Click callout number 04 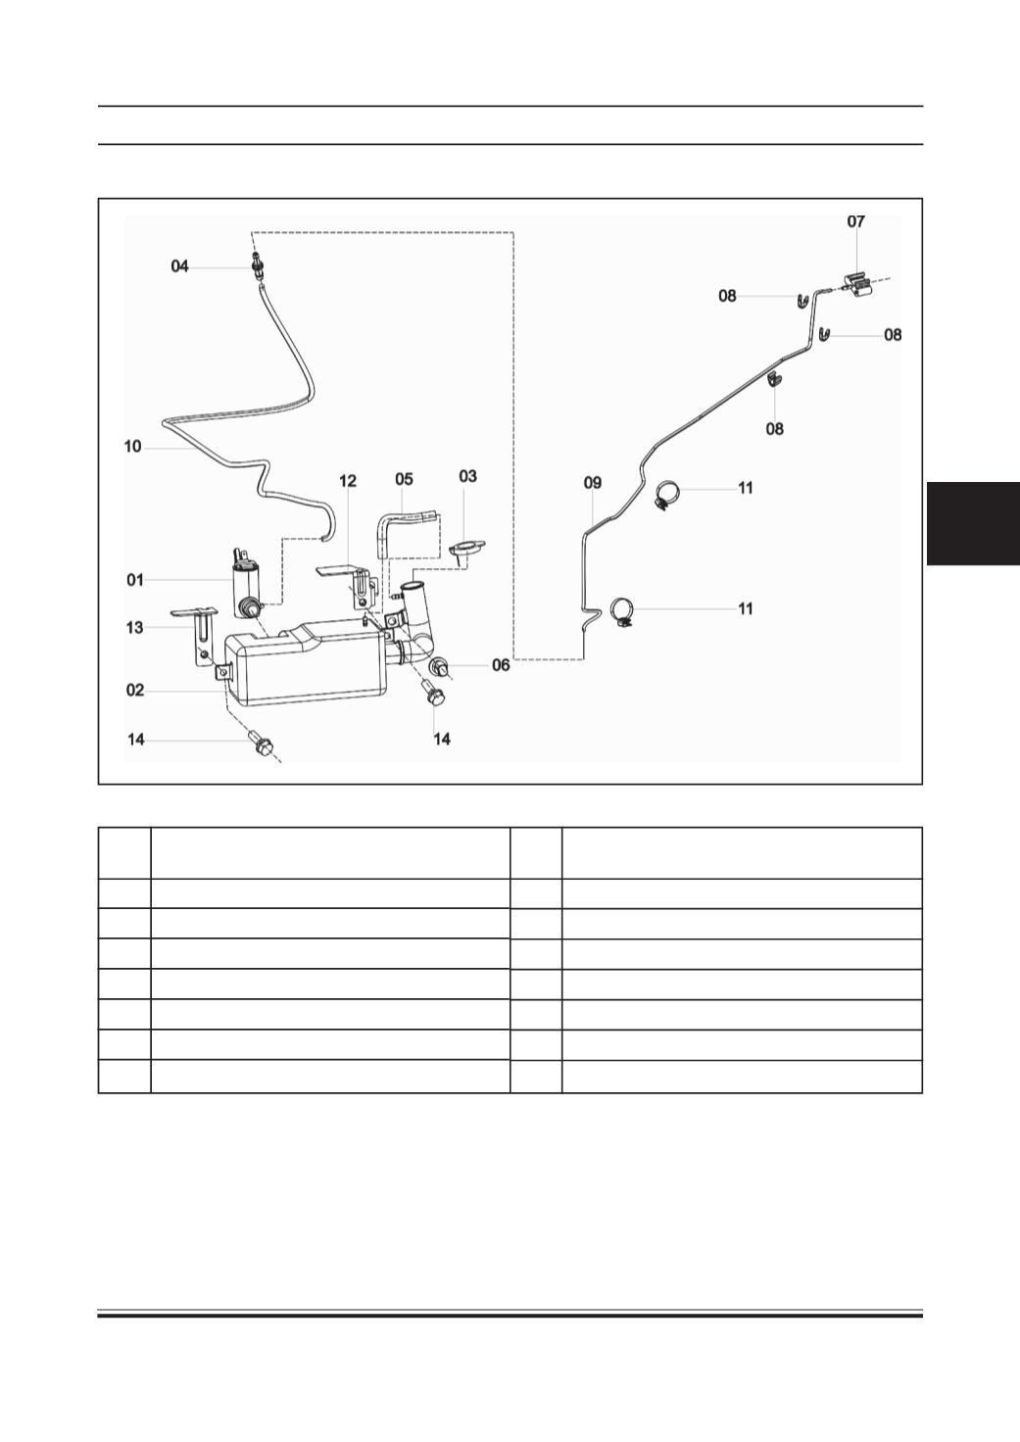click(x=179, y=265)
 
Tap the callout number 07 click(x=855, y=221)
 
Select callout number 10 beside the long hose click(x=132, y=446)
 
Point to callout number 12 click(x=348, y=481)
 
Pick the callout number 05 click(x=404, y=479)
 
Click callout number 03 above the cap click(x=468, y=476)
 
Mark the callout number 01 click(x=135, y=580)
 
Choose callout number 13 click(x=134, y=628)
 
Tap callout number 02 click(x=135, y=690)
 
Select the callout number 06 click(x=501, y=665)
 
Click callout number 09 click(x=593, y=483)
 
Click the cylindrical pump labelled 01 click(x=247, y=583)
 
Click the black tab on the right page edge click(x=973, y=523)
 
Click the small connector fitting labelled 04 click(x=259, y=265)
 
